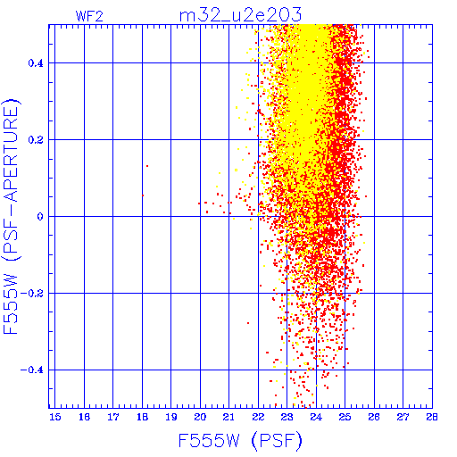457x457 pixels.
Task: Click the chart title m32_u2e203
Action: (240, 14)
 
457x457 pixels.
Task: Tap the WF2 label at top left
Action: (89, 16)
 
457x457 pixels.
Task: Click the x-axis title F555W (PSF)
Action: (240, 440)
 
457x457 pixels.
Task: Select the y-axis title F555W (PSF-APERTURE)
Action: (11, 216)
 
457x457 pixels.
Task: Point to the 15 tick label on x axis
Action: (54, 417)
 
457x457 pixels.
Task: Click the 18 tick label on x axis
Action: (142, 417)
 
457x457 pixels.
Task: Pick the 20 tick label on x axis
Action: (200, 417)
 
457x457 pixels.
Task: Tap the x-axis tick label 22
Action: (258, 417)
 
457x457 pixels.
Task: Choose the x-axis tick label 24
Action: (316, 417)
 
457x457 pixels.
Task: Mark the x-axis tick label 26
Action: (374, 417)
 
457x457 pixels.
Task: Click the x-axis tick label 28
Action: (432, 417)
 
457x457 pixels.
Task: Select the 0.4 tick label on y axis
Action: (36, 63)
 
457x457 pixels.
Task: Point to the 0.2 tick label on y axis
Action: (36, 140)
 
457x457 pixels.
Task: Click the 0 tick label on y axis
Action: (40, 217)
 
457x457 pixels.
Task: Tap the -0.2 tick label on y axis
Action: (32, 294)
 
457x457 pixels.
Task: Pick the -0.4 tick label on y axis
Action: (32, 370)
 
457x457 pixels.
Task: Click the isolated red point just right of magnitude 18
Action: (147, 166)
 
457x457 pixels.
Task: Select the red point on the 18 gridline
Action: (143, 195)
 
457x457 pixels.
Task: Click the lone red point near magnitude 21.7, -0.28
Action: (248, 323)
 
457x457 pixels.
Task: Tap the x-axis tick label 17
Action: (113, 417)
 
